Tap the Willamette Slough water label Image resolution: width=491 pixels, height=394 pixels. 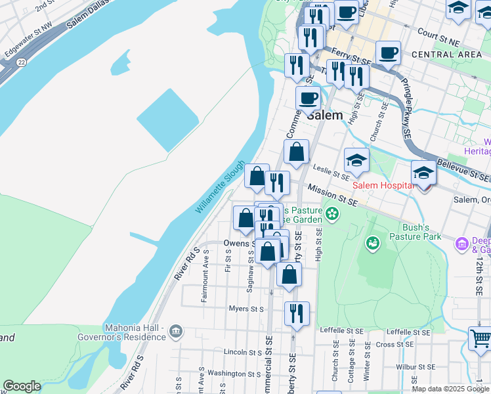point(220,187)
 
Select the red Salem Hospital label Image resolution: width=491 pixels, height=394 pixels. point(385,185)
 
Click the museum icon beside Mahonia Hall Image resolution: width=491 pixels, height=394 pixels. point(175,331)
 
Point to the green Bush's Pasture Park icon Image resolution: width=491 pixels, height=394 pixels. point(373,244)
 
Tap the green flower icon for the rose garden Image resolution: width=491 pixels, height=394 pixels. point(333,213)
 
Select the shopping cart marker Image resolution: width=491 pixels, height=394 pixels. point(480,339)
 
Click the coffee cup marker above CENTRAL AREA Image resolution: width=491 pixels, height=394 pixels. point(388,53)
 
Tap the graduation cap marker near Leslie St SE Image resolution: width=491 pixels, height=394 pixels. point(356,160)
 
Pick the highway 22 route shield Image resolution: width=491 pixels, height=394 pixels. point(22,62)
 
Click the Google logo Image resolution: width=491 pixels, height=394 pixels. point(22,386)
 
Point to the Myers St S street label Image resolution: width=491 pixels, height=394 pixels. point(246,309)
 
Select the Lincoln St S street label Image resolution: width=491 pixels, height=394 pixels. point(244,353)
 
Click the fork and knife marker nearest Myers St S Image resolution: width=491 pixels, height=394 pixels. point(297,314)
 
